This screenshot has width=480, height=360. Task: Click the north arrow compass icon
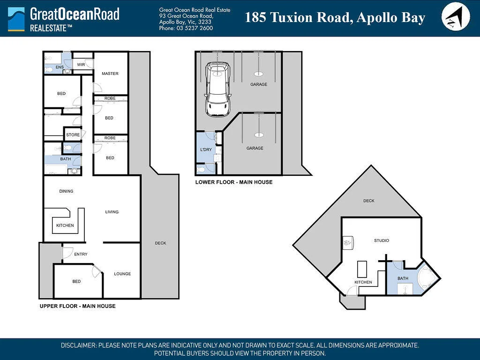point(456,16)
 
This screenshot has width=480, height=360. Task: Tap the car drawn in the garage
point(217,89)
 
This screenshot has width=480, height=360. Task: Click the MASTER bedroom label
point(110,74)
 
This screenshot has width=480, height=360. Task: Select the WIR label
point(81,65)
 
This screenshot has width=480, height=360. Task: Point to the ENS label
point(60,67)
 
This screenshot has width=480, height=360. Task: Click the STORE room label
point(73,135)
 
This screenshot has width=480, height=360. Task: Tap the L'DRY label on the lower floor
point(206,150)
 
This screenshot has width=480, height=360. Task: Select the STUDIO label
point(382,240)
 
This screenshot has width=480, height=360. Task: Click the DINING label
point(66,191)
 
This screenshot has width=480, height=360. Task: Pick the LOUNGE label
point(122,274)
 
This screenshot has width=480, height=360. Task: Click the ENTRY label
point(81,254)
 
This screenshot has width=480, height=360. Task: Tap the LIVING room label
point(112,212)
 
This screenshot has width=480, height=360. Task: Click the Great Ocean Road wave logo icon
point(16,19)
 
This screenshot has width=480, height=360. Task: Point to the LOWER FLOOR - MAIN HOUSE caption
point(234,182)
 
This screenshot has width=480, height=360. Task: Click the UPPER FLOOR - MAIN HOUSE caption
point(78,306)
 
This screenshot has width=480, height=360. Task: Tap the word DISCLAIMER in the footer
point(79,345)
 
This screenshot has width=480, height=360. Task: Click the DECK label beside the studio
point(369,201)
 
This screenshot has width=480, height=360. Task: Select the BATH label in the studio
point(403,278)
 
